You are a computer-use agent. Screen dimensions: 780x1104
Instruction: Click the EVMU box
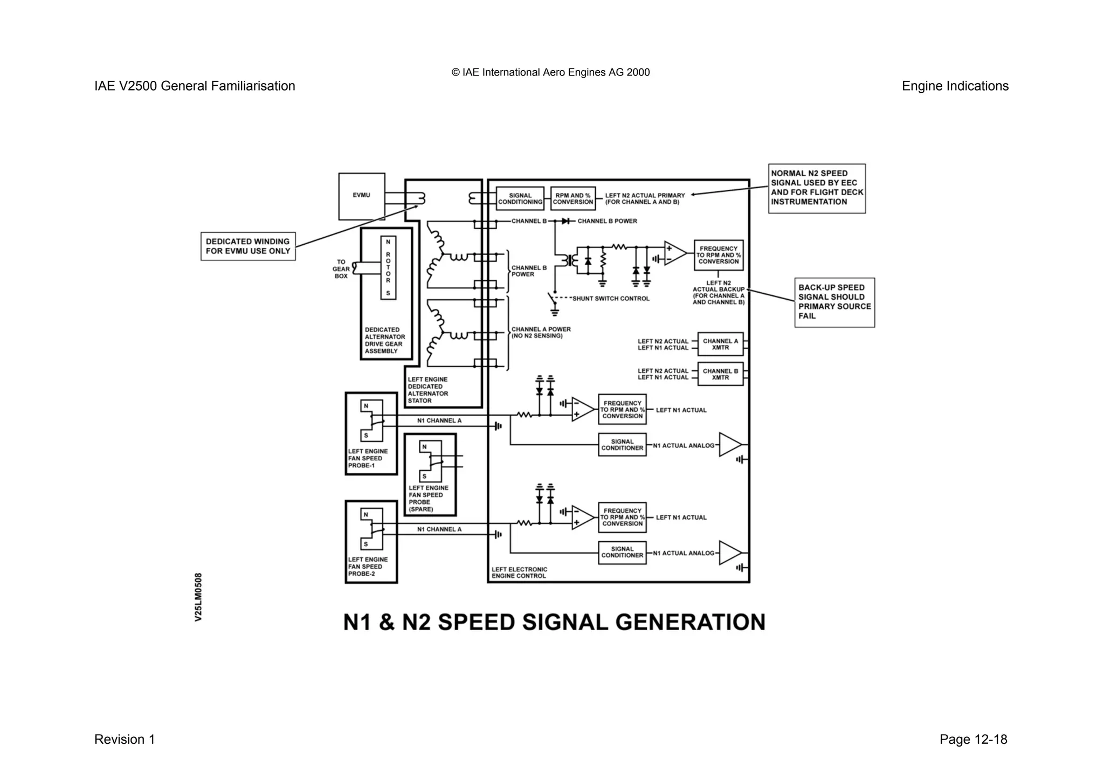pyautogui.click(x=361, y=196)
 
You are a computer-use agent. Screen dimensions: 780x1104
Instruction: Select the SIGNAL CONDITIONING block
pyautogui.click(x=520, y=199)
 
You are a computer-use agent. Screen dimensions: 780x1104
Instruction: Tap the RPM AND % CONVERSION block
pyautogui.click(x=572, y=199)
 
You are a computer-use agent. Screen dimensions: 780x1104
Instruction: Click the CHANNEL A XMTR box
pyautogui.click(x=720, y=344)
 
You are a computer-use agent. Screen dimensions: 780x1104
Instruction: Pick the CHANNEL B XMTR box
pyautogui.click(x=720, y=374)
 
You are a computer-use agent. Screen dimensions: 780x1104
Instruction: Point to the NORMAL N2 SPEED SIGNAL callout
pyautogui.click(x=816, y=188)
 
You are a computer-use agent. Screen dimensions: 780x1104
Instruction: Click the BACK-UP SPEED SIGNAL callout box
pyautogui.click(x=834, y=302)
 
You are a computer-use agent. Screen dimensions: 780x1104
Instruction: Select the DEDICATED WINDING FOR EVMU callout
pyautogui.click(x=248, y=246)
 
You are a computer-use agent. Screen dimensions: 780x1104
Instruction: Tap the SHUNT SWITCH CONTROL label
pyautogui.click(x=610, y=299)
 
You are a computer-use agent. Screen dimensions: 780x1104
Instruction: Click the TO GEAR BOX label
pyautogui.click(x=341, y=269)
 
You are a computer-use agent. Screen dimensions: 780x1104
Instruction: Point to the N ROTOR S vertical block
pyautogui.click(x=388, y=267)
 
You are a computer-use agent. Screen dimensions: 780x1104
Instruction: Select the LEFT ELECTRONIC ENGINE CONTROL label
pyautogui.click(x=519, y=572)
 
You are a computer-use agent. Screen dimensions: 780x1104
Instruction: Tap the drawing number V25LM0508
pyautogui.click(x=198, y=597)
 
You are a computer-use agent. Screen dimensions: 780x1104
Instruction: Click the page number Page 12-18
pyautogui.click(x=973, y=740)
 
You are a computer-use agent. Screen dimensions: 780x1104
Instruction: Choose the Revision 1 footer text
pyautogui.click(x=125, y=740)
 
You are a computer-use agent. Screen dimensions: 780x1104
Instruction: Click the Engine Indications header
pyautogui.click(x=955, y=86)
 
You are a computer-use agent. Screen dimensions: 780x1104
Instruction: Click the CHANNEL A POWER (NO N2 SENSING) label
pyautogui.click(x=540, y=333)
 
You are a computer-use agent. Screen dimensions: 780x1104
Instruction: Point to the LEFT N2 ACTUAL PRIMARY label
pyautogui.click(x=645, y=199)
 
